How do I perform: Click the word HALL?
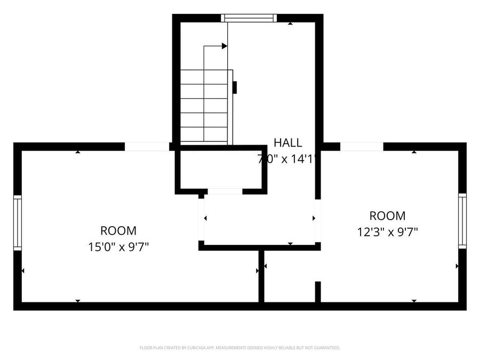click(x=288, y=142)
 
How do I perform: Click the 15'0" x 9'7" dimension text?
click(x=118, y=247)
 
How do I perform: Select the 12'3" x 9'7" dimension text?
click(x=387, y=232)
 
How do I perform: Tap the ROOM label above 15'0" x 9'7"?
click(x=118, y=231)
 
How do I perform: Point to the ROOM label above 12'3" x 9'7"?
click(x=387, y=216)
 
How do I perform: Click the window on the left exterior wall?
click(x=17, y=223)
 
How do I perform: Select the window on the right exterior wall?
click(x=462, y=221)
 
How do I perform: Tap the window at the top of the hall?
click(x=250, y=18)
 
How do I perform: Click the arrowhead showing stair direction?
click(x=225, y=46)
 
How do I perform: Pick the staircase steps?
click(x=205, y=106)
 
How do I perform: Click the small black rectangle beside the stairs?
click(x=235, y=87)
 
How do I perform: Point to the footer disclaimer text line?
click(x=239, y=348)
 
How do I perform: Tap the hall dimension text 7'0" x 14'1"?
click(x=288, y=158)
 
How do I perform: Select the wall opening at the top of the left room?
click(x=147, y=146)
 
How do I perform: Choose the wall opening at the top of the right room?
click(x=362, y=146)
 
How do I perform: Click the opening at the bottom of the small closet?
click(x=225, y=191)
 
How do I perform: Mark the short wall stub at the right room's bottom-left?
click(x=318, y=292)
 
